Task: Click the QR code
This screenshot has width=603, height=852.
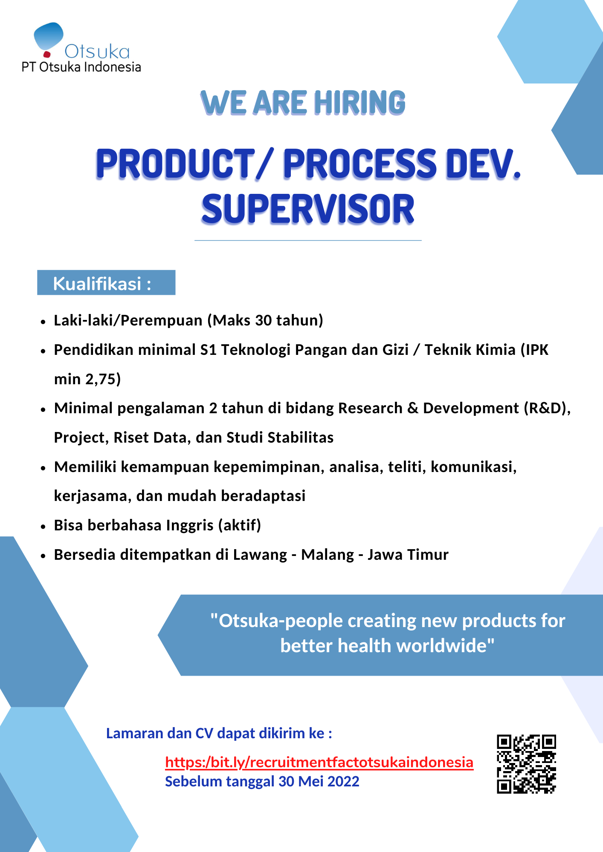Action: [527, 764]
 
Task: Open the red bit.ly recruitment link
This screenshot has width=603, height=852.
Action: [319, 762]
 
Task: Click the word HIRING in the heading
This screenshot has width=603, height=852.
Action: [359, 103]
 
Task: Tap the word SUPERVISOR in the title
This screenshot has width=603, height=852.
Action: [308, 209]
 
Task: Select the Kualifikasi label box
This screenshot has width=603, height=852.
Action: [106, 282]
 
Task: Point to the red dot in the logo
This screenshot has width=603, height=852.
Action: [47, 54]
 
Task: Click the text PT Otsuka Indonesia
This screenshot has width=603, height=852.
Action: [81, 67]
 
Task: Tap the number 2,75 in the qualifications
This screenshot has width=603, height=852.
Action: [103, 379]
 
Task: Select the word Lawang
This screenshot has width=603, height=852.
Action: [260, 555]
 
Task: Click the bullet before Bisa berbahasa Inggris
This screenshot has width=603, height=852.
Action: [43, 527]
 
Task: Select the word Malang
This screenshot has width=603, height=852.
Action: [328, 555]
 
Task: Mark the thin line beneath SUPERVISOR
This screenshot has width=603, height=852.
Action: [308, 241]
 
